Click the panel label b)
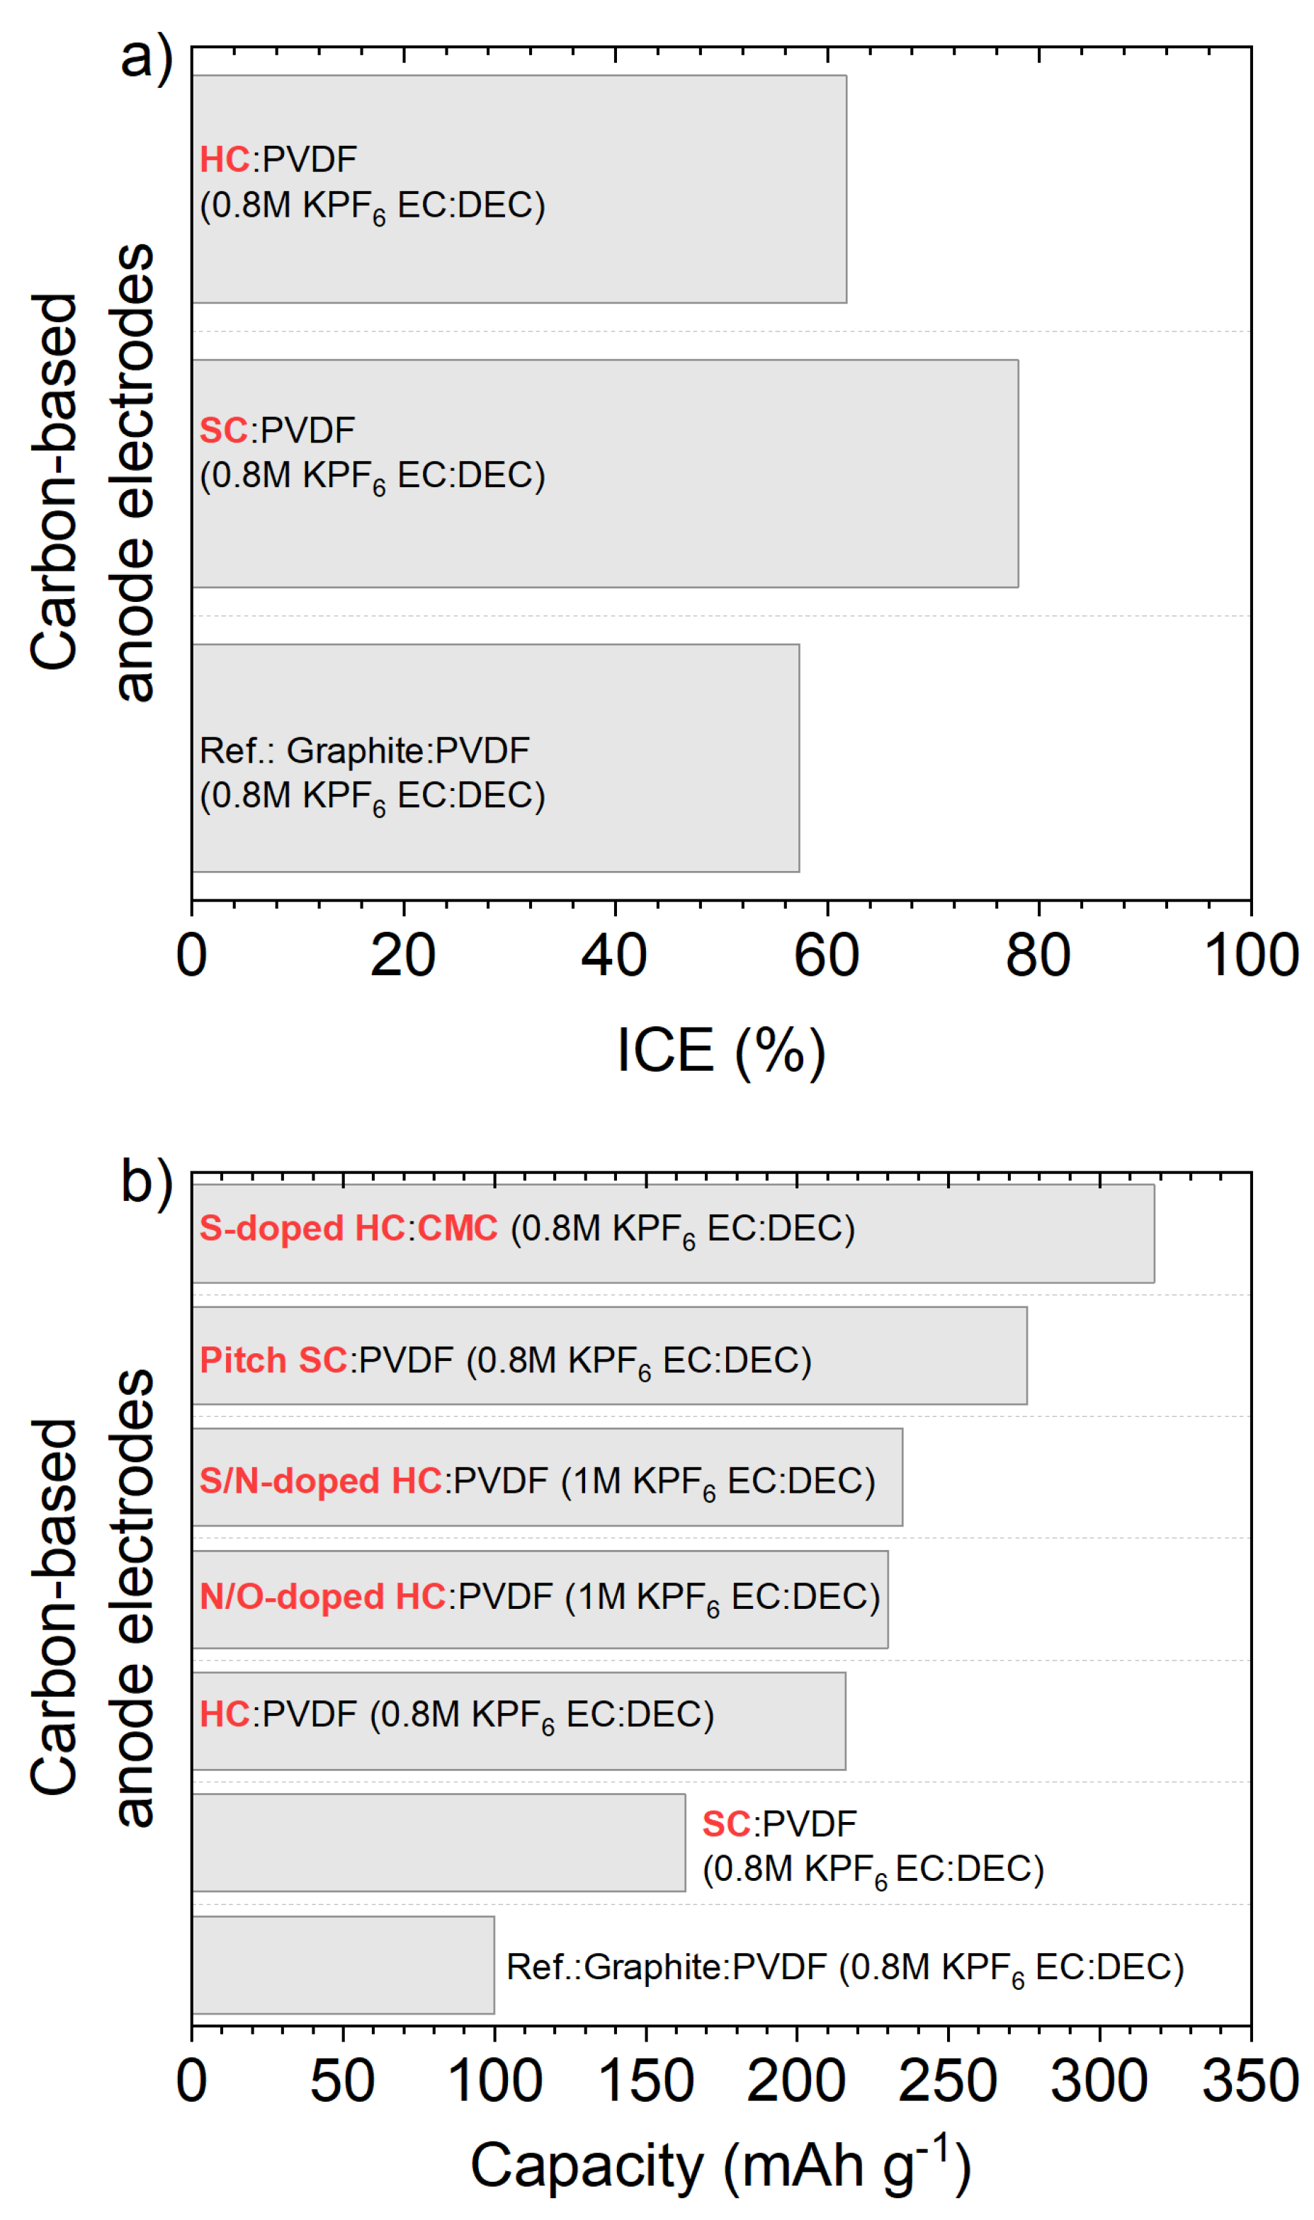pyautogui.click(x=146, y=1183)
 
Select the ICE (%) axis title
pyautogui.click(x=721, y=1052)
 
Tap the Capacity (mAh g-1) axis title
pyautogui.click(x=721, y=2166)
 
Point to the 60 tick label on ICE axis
pyautogui.click(x=826, y=957)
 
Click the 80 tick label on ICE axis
pyautogui.click(x=1038, y=957)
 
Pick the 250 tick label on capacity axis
pyautogui.click(x=948, y=2082)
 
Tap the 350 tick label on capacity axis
pyautogui.click(x=1250, y=2082)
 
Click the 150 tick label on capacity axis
pyautogui.click(x=645, y=2082)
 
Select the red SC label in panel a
pyautogui.click(x=223, y=431)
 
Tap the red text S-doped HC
pyautogui.click(x=302, y=1229)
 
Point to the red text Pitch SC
pyautogui.click(x=273, y=1361)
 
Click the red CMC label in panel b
pyautogui.click(x=458, y=1229)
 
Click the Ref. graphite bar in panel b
pyautogui.click(x=343, y=1966)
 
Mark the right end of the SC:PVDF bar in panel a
pyautogui.click(x=1017, y=474)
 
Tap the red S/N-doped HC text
pyautogui.click(x=320, y=1481)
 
